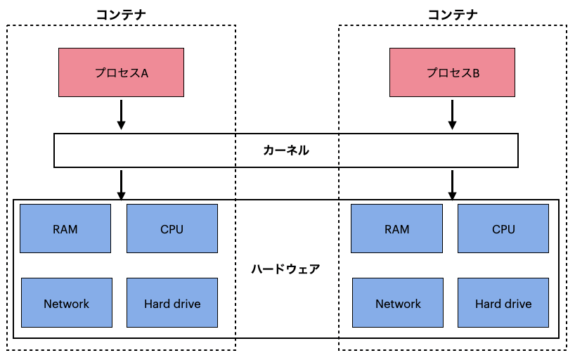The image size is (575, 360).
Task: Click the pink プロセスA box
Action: click(121, 72)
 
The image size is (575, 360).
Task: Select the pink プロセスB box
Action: click(453, 72)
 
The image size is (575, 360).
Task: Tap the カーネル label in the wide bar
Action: click(286, 150)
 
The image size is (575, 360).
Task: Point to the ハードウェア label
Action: click(285, 269)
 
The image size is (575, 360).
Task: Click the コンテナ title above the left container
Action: click(121, 14)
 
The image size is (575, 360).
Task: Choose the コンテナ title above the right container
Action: click(453, 14)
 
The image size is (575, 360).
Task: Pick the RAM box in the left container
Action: click(65, 229)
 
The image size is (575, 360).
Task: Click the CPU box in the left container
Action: click(172, 229)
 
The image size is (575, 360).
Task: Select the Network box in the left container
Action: click(67, 303)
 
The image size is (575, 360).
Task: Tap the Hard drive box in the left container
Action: click(172, 303)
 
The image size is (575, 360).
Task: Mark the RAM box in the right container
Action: click(397, 229)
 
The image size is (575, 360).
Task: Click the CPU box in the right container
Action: click(503, 229)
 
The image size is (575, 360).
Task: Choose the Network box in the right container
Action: click(398, 303)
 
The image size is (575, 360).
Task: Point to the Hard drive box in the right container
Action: click(503, 303)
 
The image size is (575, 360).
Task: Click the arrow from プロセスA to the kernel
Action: click(121, 115)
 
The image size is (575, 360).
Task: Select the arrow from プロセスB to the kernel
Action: click(453, 115)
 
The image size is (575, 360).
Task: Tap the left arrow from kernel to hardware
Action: click(121, 185)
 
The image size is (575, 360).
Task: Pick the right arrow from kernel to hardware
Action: click(453, 185)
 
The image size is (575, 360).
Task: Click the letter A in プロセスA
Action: click(144, 73)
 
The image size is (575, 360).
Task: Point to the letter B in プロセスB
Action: click(476, 73)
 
